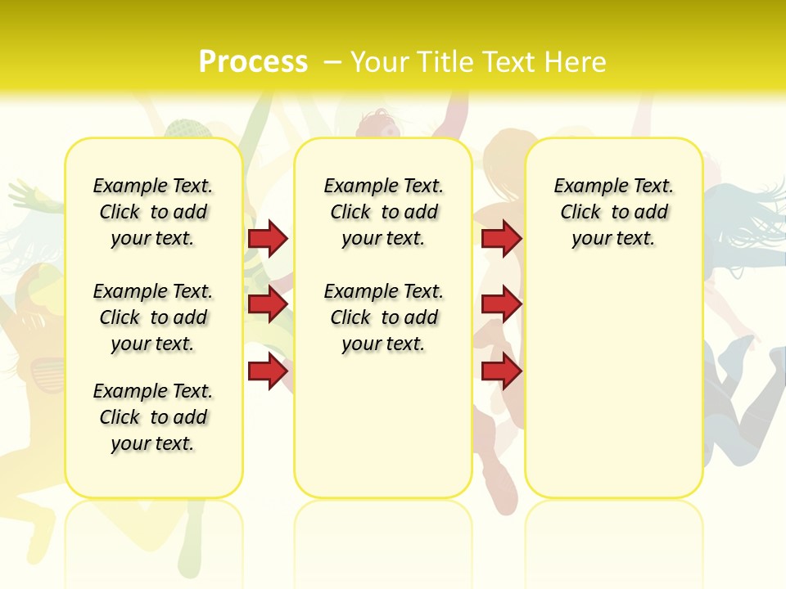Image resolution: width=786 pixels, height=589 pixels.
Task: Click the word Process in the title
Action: tap(253, 62)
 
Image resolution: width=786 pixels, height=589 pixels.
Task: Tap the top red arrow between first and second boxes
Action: tap(268, 238)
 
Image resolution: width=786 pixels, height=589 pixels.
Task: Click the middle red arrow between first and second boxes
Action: tap(268, 304)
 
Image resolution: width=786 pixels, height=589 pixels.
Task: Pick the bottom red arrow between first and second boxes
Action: tap(268, 371)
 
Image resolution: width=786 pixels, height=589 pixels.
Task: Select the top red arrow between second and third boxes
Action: tap(501, 238)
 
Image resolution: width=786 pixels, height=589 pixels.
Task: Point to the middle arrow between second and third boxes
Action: tap(501, 304)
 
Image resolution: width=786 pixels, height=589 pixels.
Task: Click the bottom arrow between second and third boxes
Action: tap(501, 371)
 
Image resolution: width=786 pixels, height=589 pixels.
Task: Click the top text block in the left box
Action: tap(153, 212)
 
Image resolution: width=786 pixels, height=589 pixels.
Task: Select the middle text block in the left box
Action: tap(153, 317)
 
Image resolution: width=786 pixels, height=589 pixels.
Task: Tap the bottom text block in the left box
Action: tap(153, 417)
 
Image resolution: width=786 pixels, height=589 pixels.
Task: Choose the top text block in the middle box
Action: tap(383, 212)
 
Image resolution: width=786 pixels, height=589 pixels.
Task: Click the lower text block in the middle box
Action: tap(383, 317)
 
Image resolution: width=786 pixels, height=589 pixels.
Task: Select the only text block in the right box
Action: tap(614, 212)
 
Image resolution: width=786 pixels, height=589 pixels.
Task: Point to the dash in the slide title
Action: tap(333, 62)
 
